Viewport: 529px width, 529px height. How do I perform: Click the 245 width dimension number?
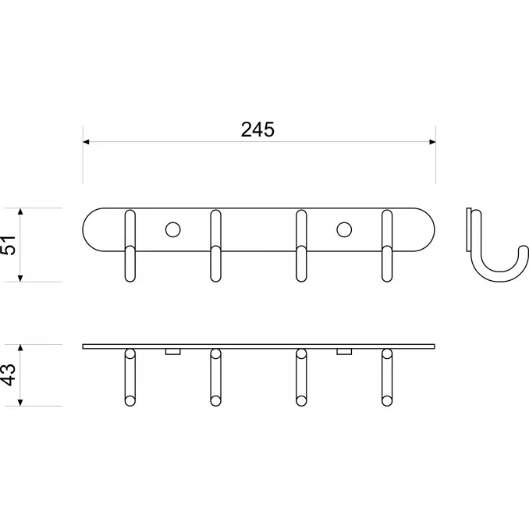(257, 130)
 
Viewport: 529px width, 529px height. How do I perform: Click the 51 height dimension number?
(9, 245)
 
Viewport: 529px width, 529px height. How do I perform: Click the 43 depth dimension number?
(9, 375)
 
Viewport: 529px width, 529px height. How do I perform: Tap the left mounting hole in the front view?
(172, 229)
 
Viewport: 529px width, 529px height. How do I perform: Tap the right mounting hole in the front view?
(344, 229)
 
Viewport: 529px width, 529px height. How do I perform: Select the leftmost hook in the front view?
(130, 246)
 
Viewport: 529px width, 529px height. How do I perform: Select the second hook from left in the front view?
(215, 246)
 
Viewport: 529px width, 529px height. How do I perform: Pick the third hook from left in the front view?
(301, 246)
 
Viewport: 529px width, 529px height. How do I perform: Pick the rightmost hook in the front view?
(387, 246)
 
